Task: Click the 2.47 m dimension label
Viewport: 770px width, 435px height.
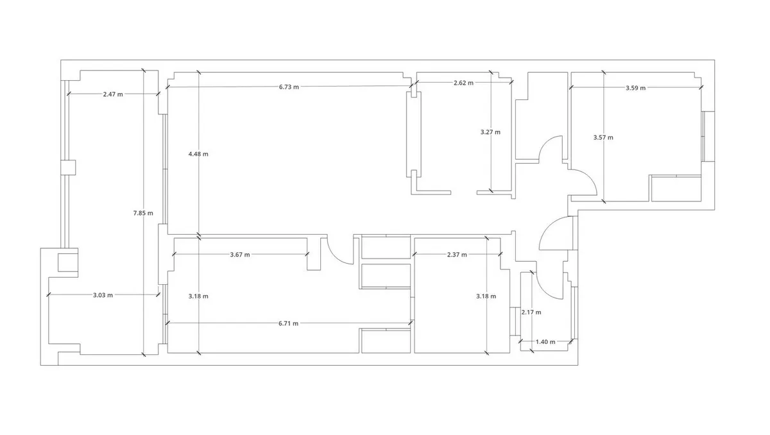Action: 113,94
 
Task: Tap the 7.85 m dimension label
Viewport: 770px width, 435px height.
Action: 143,213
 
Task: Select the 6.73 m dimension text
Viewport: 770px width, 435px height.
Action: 289,87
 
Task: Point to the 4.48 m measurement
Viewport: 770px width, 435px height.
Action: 198,154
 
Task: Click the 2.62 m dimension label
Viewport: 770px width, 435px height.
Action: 463,83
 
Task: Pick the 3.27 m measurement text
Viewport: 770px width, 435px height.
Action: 490,132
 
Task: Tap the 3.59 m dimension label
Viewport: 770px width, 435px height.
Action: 635,88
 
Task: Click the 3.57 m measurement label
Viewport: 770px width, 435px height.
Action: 603,137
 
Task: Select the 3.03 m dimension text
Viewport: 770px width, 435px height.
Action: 103,295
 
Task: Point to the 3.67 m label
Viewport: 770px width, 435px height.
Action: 240,255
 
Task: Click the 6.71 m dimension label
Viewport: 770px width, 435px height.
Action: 288,323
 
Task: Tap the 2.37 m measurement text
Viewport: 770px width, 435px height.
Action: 457,255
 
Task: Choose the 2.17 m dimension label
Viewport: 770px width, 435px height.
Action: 531,312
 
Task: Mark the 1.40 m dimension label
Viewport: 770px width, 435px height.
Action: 545,342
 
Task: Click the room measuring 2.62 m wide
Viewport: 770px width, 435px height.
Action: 464,137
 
